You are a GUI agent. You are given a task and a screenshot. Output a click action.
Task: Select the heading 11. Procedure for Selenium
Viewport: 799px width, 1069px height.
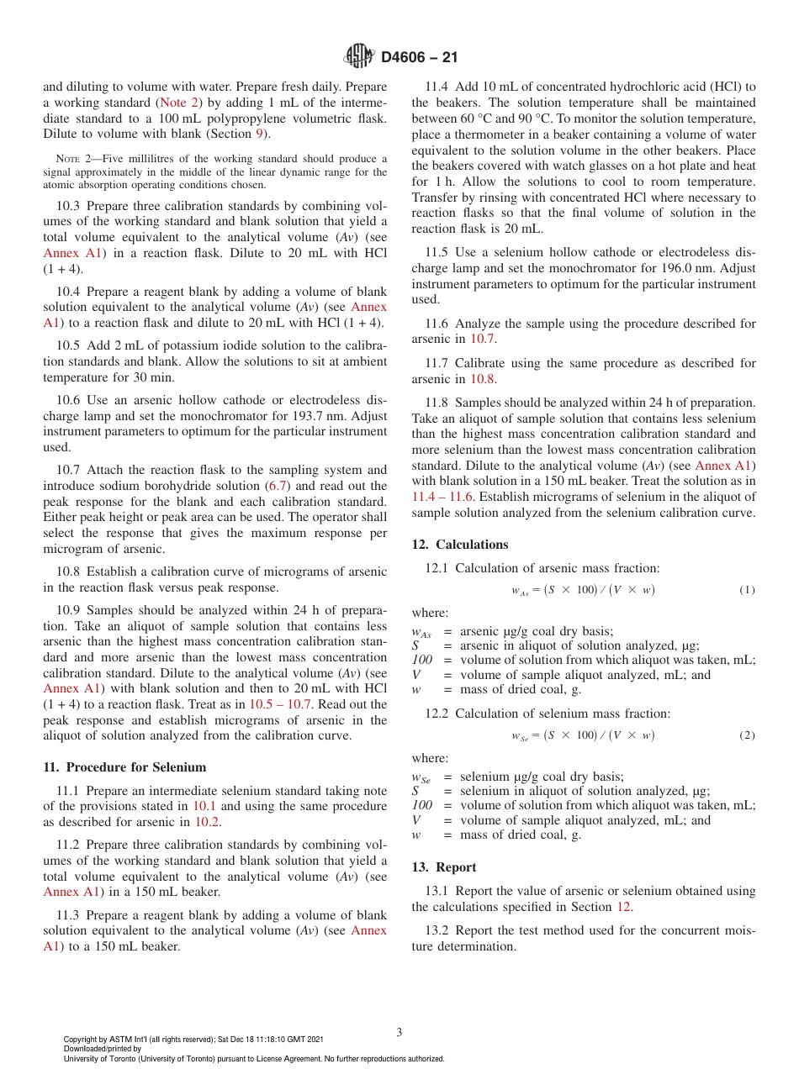[124, 766]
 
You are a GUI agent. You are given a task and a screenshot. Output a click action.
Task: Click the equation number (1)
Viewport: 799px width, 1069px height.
[747, 590]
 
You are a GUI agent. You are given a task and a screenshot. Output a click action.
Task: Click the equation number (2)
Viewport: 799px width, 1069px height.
[747, 735]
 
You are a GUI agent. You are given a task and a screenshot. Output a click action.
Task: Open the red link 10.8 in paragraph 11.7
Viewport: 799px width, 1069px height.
[482, 378]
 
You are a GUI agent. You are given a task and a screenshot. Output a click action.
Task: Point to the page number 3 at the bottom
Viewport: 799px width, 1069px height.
[399, 1032]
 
